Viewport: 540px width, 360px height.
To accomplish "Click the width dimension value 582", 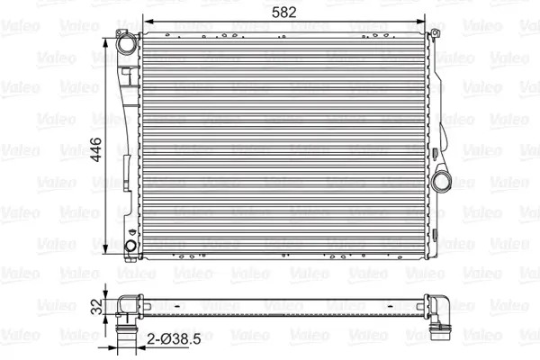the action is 284,13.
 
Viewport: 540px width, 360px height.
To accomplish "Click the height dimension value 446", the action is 96,149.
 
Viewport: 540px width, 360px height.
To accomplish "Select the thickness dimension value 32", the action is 97,307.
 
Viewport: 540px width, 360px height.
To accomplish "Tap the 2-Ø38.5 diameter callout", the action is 175,339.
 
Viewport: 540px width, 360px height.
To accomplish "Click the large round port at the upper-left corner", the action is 126,43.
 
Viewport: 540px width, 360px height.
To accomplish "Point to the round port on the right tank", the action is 441,182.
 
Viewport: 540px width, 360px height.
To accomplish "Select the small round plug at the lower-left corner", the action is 130,246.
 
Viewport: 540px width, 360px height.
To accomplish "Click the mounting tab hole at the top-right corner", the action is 435,33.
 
